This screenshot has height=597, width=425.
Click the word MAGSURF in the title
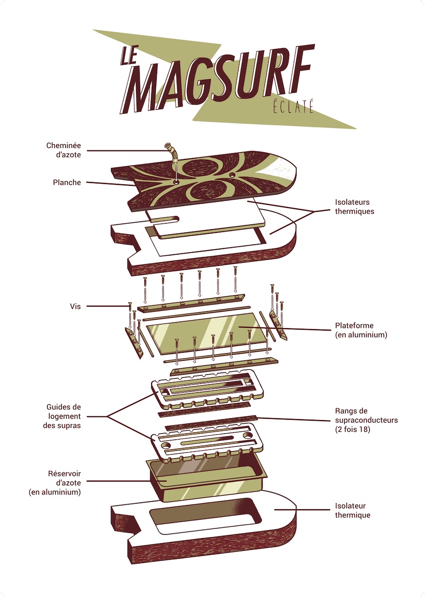coord(222,83)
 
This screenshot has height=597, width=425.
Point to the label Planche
coord(67,182)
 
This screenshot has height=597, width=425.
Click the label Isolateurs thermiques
coord(354,207)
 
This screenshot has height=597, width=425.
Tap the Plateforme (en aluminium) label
coord(361,330)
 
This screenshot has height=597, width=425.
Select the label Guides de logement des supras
coord(64,416)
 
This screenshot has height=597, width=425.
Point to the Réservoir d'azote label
coord(64,482)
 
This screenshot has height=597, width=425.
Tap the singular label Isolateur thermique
coord(352,510)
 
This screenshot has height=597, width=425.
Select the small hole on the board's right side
coord(231,174)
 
